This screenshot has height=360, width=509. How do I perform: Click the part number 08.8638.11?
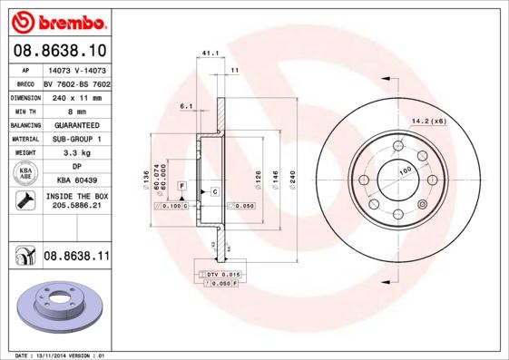[76, 257]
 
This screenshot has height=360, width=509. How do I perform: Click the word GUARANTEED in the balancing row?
[76, 124]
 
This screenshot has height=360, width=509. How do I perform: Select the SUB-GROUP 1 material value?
[76, 139]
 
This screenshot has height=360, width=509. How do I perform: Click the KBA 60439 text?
[76, 180]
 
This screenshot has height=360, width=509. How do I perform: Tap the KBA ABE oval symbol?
[26, 174]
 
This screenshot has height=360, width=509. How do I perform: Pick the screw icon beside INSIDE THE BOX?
[26, 200]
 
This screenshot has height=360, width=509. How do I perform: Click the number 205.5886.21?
[76, 206]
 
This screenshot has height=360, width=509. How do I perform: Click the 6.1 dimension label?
[186, 106]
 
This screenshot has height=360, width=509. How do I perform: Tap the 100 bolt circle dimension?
[405, 170]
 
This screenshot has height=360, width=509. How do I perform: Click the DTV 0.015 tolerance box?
[220, 274]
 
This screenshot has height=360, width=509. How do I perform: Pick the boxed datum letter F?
[182, 185]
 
